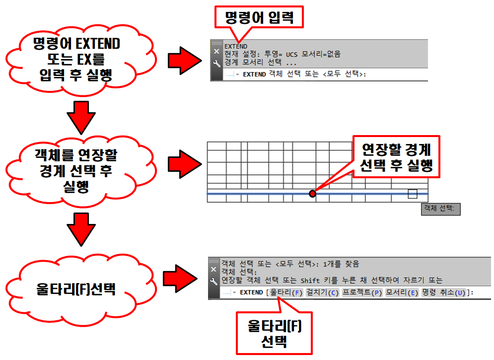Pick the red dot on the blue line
(x=312, y=194)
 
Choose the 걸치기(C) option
(x=322, y=292)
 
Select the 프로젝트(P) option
(x=362, y=292)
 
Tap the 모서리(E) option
(x=402, y=292)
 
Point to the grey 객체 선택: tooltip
(x=440, y=209)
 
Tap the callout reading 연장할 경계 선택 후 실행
(x=396, y=157)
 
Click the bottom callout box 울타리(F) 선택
(x=275, y=334)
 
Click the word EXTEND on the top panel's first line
(x=236, y=46)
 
